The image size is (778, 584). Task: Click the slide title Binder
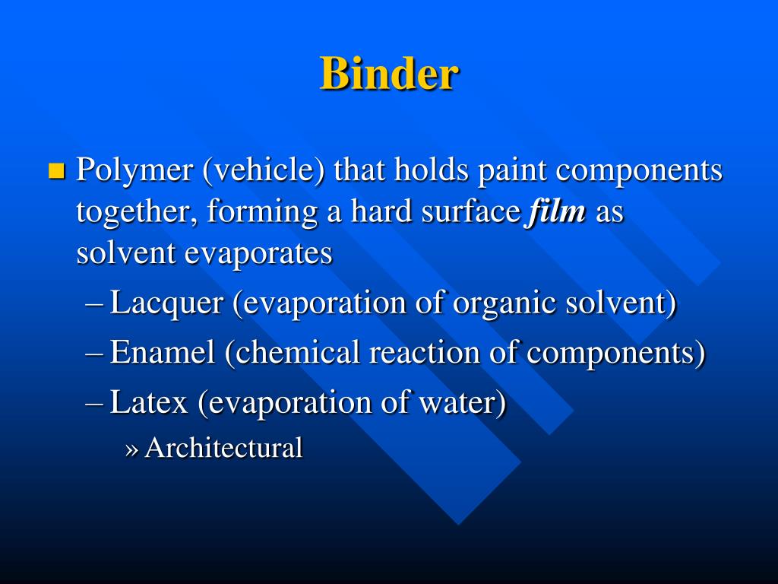click(389, 75)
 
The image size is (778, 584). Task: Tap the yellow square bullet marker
click(56, 170)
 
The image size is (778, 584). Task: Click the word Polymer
click(134, 170)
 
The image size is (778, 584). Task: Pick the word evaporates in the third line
click(259, 253)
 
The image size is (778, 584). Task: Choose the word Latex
click(149, 402)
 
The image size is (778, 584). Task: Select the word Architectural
click(223, 447)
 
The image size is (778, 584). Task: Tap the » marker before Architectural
click(131, 449)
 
